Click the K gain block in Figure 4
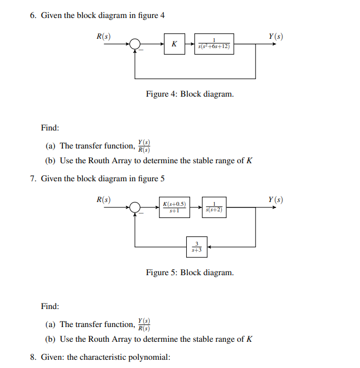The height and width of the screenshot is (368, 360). (174, 44)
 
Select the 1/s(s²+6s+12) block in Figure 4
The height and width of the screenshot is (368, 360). (215, 44)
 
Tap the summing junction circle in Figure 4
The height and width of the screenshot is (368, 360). (135, 44)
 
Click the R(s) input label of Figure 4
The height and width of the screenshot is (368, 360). (104, 37)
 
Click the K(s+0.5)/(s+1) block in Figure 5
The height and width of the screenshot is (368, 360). (174, 207)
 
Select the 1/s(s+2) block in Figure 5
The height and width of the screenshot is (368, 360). (215, 207)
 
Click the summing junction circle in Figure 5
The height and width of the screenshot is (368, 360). (135, 207)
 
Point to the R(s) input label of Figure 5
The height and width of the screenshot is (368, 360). (104, 199)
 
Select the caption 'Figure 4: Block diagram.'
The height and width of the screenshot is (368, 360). (190, 94)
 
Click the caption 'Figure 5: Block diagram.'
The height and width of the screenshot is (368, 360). (190, 272)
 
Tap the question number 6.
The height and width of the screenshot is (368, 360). (33, 15)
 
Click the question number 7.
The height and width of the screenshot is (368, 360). (33, 179)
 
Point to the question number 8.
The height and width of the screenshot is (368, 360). (33, 358)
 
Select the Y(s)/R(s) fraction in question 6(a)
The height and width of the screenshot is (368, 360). (144, 145)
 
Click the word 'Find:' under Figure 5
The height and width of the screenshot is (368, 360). (50, 306)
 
